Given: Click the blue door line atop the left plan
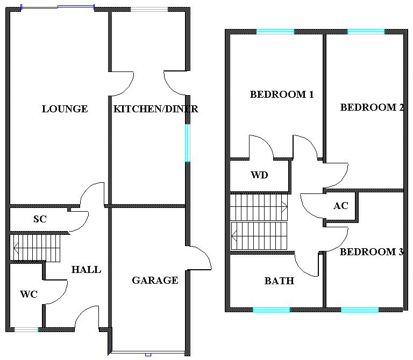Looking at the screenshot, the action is click(75, 6).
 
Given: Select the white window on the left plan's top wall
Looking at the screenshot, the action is click(149, 9).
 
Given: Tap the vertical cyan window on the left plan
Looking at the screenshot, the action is click(188, 143).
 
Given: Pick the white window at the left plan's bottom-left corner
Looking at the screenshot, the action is click(26, 329).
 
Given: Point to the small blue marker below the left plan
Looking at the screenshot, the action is click(148, 355).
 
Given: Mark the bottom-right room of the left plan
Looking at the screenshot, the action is click(149, 279).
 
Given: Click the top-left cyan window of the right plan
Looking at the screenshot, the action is click(275, 32).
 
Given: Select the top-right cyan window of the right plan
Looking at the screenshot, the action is click(366, 32).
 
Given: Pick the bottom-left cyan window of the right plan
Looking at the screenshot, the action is click(271, 309).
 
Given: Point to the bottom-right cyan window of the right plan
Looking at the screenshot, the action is click(359, 309).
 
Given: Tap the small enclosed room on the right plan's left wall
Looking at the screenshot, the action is click(260, 176).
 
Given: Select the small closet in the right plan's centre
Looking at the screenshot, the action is click(340, 206).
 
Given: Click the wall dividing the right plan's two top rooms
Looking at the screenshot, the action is click(324, 97).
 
